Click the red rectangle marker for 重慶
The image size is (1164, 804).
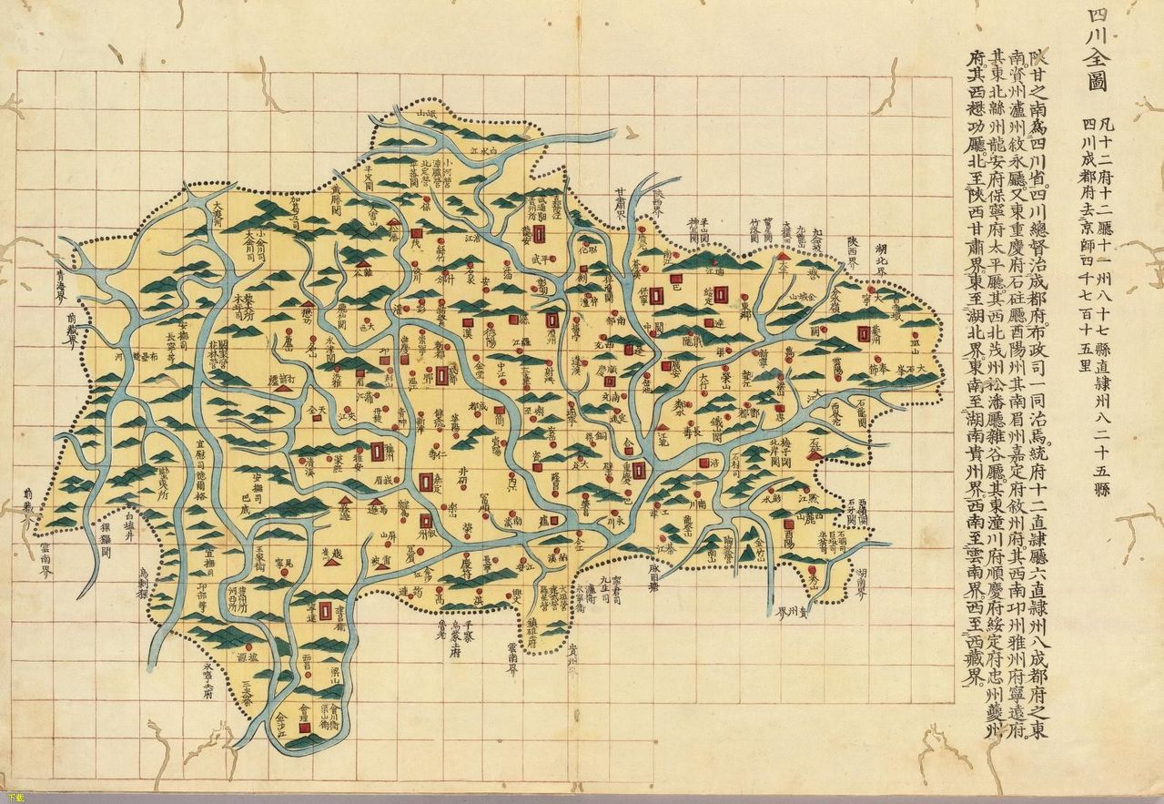point(640,470)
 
